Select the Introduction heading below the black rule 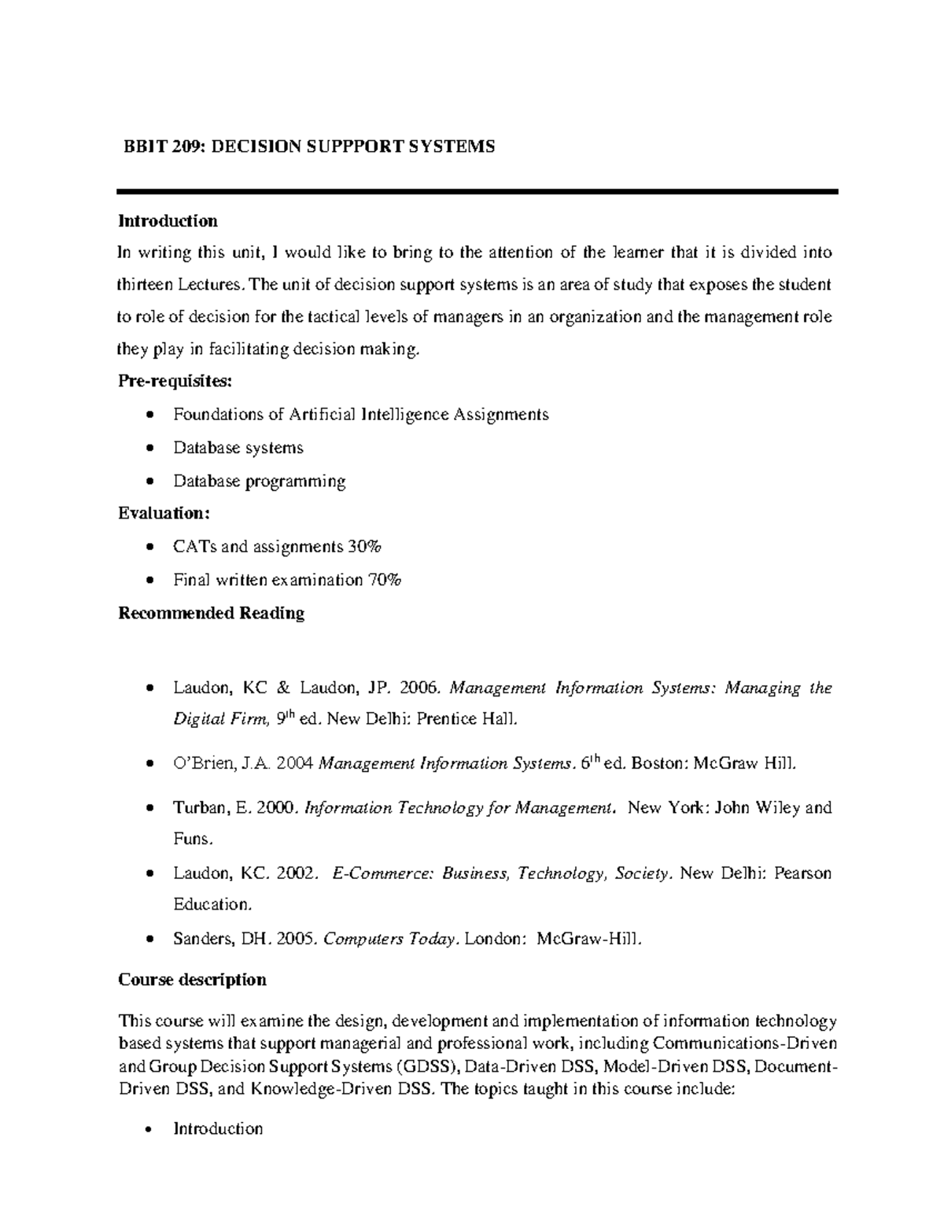click(168, 221)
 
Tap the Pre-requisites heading click(175, 382)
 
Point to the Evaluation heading click(164, 513)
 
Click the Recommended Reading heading click(211, 613)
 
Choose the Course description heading click(192, 980)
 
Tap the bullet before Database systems click(149, 449)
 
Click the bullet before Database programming click(149, 482)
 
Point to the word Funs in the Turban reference click(191, 839)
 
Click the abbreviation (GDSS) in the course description click(429, 1068)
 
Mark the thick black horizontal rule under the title click(478, 191)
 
